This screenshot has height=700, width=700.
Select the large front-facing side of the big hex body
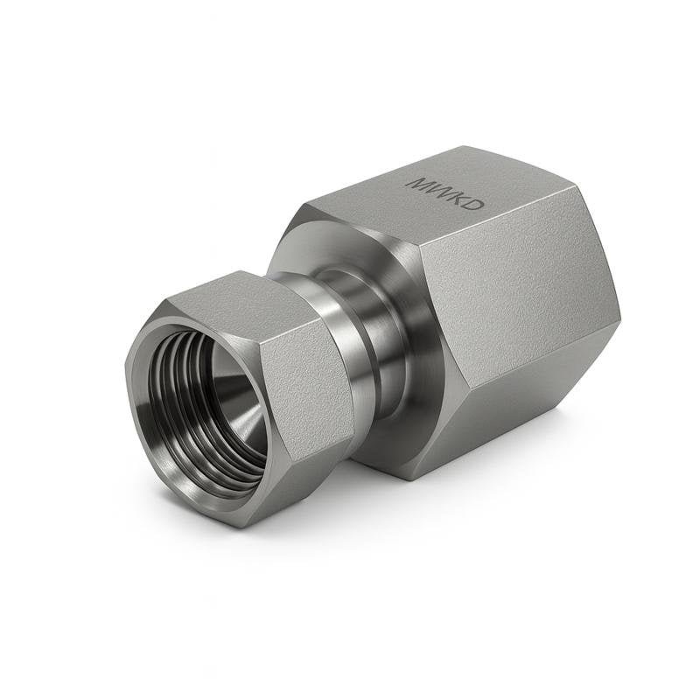[x=516, y=315]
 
